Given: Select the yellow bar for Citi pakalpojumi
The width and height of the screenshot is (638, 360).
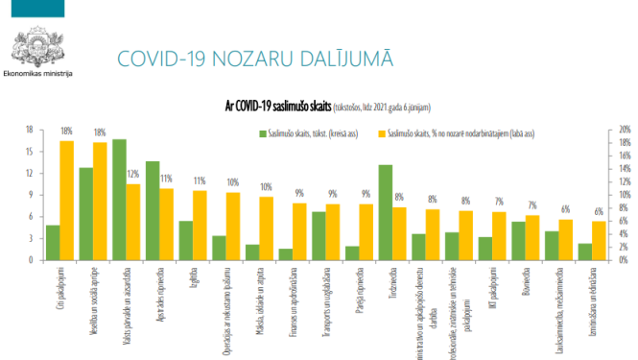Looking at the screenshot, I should coord(67,200).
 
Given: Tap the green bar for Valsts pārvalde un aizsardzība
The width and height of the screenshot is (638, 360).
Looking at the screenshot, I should coord(119,200).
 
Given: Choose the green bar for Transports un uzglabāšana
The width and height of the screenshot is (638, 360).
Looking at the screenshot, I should coord(319,235).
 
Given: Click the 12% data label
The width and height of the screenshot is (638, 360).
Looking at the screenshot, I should coord(133,174).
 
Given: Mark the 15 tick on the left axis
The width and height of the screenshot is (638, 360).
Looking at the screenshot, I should coord(30,151).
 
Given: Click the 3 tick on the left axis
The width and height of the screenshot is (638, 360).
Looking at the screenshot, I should coord(32,238).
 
